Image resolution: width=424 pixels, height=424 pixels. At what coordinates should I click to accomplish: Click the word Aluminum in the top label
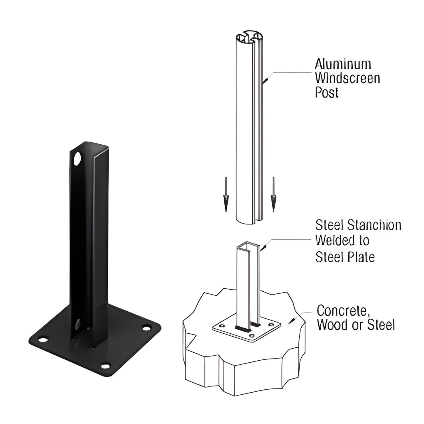[x=343, y=64]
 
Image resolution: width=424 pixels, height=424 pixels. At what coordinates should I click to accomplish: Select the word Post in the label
[x=327, y=92]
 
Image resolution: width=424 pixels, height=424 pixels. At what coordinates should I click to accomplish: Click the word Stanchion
[x=374, y=225]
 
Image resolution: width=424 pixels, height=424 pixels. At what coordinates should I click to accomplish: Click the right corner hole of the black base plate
[x=146, y=328]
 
